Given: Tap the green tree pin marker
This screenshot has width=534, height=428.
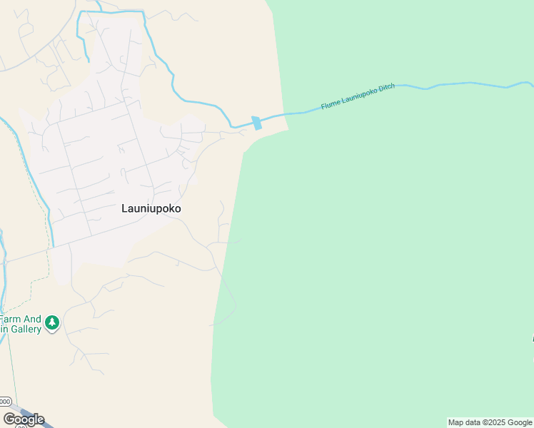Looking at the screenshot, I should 51,324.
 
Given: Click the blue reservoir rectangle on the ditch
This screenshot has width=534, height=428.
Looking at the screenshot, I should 257,123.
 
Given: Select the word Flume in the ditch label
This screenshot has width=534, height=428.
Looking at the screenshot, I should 331,104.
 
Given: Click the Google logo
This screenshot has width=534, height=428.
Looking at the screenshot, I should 24,419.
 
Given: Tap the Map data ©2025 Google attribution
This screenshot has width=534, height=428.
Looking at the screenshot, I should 490,422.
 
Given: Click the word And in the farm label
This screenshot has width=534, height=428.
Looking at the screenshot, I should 33,319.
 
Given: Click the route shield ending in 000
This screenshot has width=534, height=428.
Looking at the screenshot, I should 5,401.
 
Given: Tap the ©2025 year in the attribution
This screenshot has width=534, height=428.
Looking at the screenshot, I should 495,422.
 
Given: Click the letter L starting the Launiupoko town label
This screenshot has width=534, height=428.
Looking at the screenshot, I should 124,209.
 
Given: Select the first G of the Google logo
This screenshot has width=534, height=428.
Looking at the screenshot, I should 9,419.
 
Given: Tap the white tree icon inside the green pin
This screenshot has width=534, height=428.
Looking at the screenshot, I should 51,323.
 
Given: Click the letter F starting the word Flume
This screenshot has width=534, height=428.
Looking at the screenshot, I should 323,106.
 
